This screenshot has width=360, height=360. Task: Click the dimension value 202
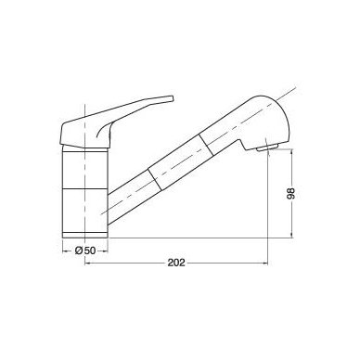tap(176, 263)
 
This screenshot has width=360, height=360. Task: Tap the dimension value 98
tap(291, 193)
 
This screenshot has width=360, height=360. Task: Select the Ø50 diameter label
tap(85, 251)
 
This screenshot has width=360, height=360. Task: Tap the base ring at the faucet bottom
tap(84, 235)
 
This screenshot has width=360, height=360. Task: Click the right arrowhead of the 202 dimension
tap(265, 264)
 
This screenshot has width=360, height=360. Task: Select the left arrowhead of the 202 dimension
tap(87, 264)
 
